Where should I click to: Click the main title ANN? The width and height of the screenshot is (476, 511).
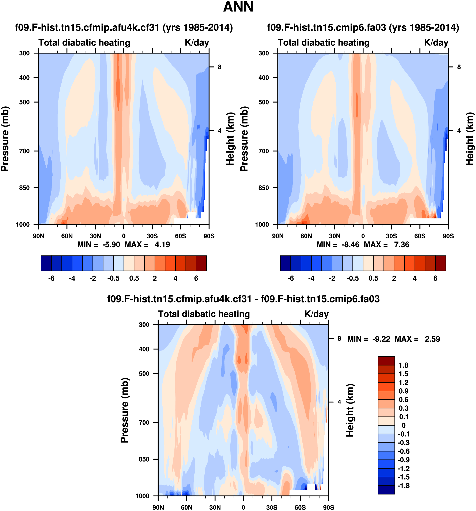tap(238, 7)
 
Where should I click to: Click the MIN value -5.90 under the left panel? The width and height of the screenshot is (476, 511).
tap(111, 245)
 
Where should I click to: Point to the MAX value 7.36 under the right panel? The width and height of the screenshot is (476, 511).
tap(402, 245)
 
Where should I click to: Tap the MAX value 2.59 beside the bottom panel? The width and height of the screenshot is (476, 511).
tap(432, 339)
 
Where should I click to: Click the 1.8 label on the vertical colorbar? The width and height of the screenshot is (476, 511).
tap(403, 365)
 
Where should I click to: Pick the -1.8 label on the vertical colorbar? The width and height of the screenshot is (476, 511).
tap(403, 486)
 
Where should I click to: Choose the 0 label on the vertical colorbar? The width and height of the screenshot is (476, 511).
tap(403, 425)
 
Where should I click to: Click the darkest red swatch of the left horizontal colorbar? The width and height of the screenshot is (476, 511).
tap(201, 263)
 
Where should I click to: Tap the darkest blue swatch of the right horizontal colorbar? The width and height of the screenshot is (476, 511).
tap(285, 263)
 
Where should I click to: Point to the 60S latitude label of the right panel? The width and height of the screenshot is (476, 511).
tap(420, 236)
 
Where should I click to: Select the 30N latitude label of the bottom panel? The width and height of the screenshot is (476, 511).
tap(215, 507)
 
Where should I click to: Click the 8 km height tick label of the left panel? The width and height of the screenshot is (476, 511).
tap(220, 67)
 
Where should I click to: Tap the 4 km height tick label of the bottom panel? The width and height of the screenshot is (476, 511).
tap(339, 402)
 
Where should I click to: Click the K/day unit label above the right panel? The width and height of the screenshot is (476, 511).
tap(436, 43)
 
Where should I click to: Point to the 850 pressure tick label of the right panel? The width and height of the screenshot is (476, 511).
tap(264, 188)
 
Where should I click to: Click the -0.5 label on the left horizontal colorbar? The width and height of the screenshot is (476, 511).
tap(113, 278)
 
